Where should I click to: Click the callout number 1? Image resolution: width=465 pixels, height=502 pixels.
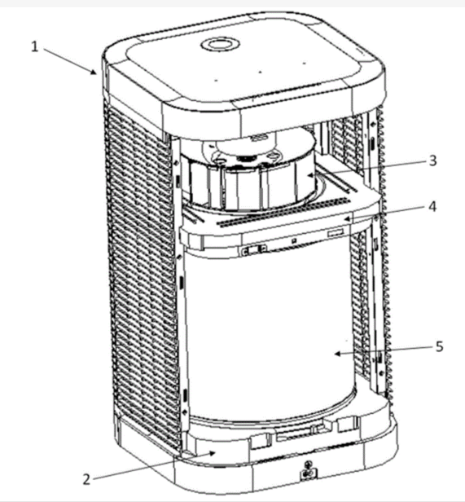pyautogui.click(x=34, y=47)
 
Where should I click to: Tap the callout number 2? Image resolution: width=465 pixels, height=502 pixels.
pyautogui.click(x=86, y=479)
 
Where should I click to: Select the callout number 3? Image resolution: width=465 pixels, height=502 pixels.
pyautogui.click(x=432, y=161)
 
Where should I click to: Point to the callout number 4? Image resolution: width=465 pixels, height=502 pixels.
pyautogui.click(x=432, y=207)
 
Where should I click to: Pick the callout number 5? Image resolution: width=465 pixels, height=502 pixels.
pyautogui.click(x=440, y=346)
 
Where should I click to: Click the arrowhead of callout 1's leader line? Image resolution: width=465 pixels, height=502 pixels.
pyautogui.click(x=94, y=72)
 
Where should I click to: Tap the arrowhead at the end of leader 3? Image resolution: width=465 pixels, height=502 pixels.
pyautogui.click(x=309, y=174)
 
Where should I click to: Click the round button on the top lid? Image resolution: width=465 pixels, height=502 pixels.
pyautogui.click(x=221, y=44)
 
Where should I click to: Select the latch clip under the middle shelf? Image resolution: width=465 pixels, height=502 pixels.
pyautogui.click(x=254, y=249)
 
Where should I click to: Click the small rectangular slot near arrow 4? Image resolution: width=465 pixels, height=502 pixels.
pyautogui.click(x=336, y=233)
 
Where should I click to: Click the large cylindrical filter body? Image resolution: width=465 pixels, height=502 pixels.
pyautogui.click(x=270, y=333)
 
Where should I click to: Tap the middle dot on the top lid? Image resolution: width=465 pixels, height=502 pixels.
pyautogui.click(x=260, y=72)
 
